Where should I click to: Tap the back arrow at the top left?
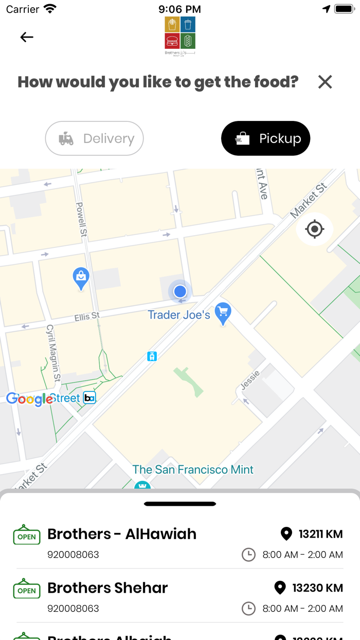(27, 37)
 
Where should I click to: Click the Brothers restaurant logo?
(180, 35)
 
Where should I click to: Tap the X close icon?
(325, 82)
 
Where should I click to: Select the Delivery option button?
(95, 138)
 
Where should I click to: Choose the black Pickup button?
(265, 138)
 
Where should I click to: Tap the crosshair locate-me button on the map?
(315, 229)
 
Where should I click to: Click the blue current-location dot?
(180, 291)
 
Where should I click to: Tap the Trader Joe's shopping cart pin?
(223, 313)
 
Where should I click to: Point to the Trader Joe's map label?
(178, 315)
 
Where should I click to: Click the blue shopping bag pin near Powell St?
(81, 278)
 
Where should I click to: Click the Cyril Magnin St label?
(53, 352)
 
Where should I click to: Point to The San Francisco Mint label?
(193, 469)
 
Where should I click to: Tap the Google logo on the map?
(29, 399)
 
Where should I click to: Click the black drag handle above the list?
(180, 504)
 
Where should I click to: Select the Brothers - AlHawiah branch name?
(122, 534)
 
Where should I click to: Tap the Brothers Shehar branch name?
(107, 588)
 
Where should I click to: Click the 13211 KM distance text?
(320, 534)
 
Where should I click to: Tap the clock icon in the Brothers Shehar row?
(248, 609)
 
